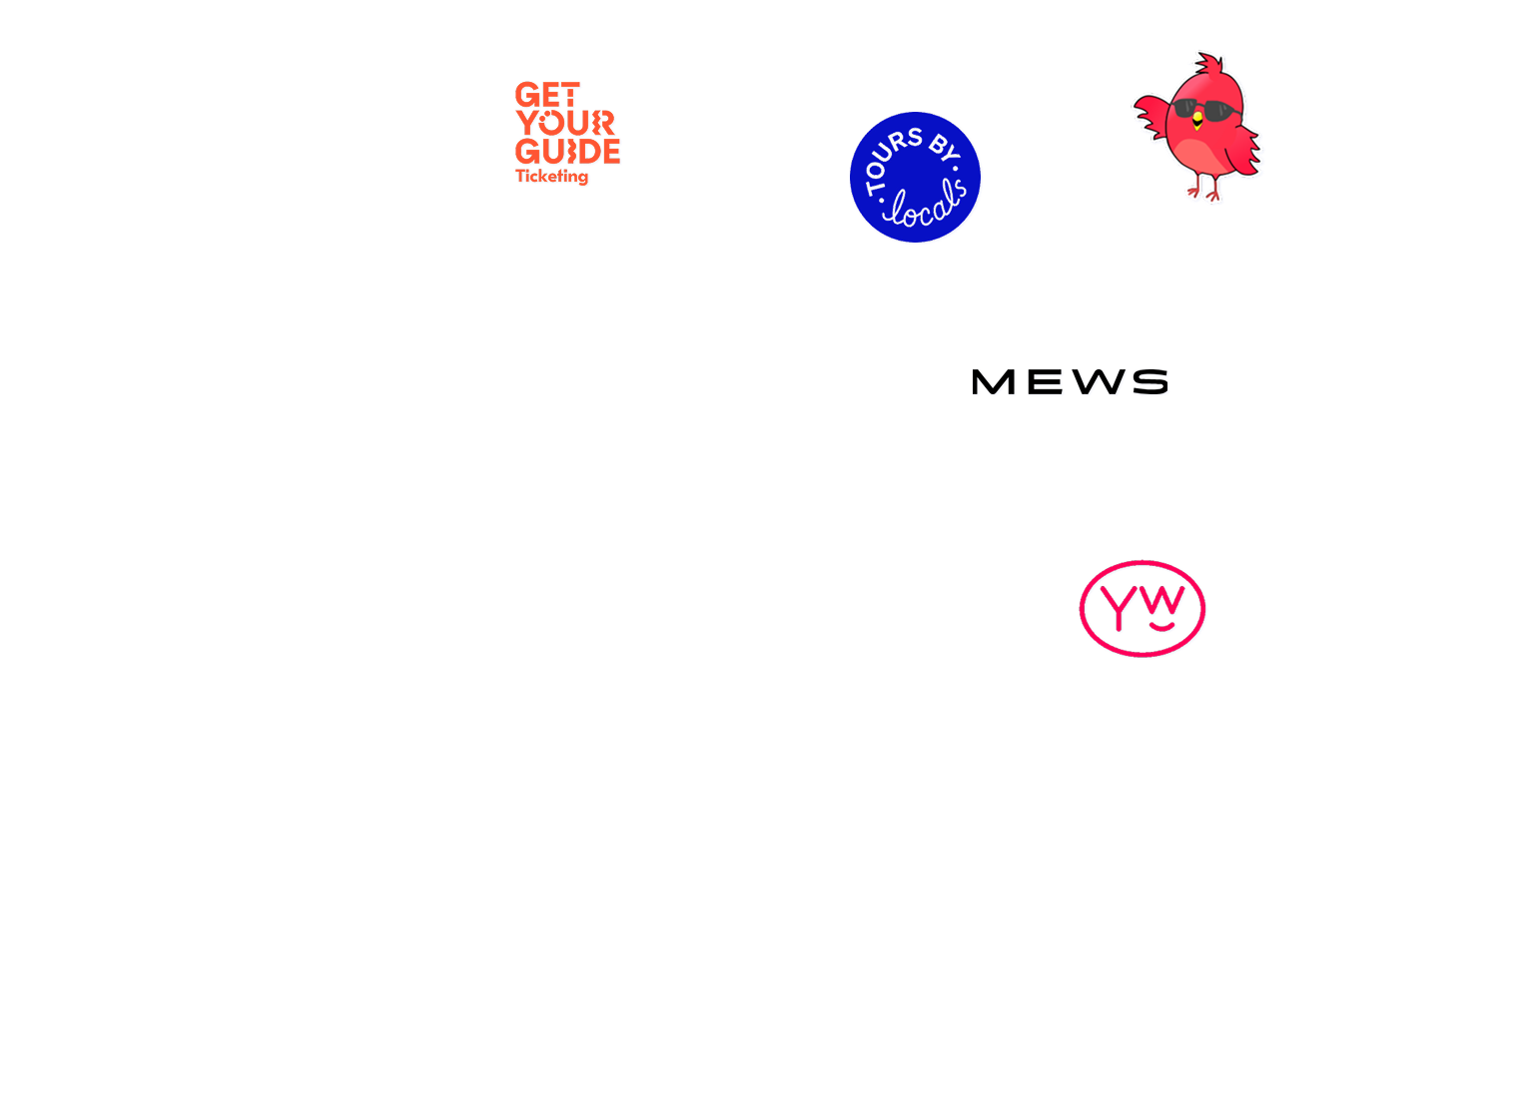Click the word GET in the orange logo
[x=546, y=96]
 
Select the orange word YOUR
[x=565, y=124]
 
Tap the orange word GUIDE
[x=567, y=152]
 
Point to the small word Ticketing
[x=551, y=176]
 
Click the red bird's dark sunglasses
[x=1201, y=111]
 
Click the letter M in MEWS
[x=993, y=381]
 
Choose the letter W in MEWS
[x=1091, y=381]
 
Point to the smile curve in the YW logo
[x=1159, y=627]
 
